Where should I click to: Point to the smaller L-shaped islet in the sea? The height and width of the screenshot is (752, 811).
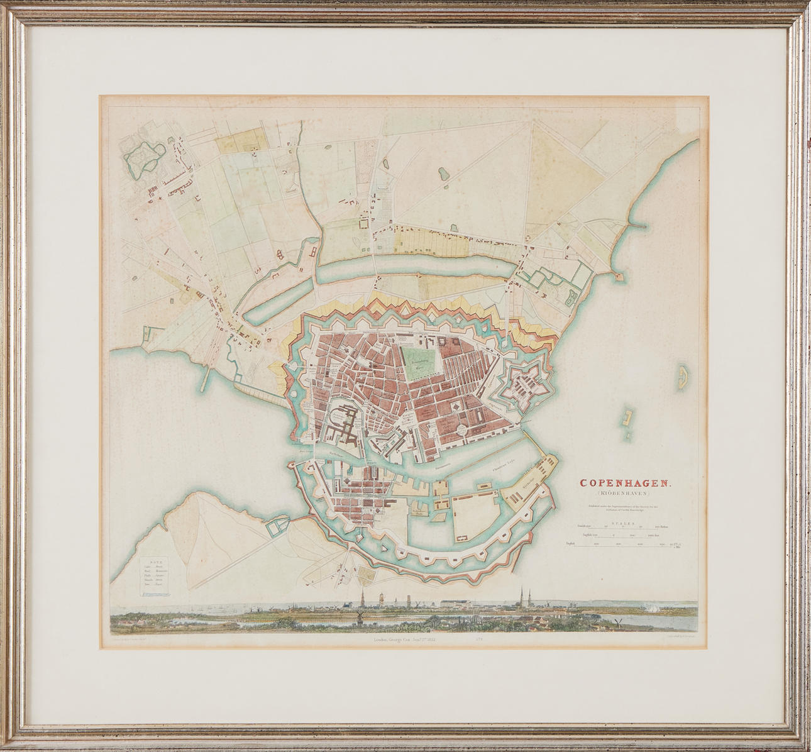626,418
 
